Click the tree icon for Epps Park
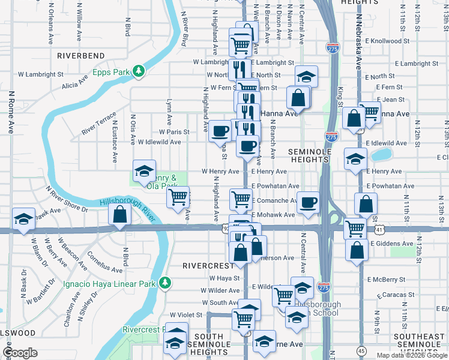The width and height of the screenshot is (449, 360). click(x=139, y=72)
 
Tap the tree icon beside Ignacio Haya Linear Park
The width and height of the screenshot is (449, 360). click(x=165, y=283)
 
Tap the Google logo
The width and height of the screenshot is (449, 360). click(x=20, y=352)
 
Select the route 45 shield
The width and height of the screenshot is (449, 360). click(x=361, y=350)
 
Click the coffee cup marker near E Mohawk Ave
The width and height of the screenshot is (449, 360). click(x=309, y=203)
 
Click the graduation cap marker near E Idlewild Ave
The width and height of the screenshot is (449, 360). click(x=355, y=159)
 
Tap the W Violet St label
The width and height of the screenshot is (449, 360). click(x=187, y=314)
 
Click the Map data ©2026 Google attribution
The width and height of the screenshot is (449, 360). click(x=412, y=355)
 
